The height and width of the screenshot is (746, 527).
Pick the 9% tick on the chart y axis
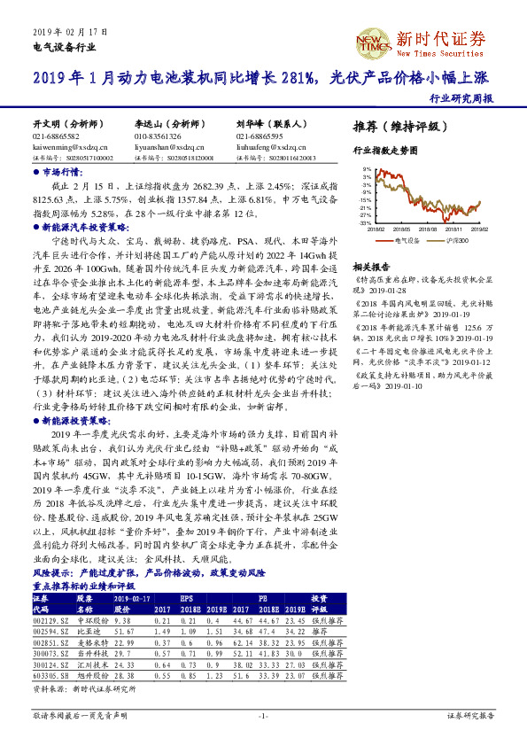tap(367, 167)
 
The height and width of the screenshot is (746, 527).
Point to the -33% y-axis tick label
tap(365, 223)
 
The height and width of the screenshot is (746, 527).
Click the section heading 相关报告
tap(371, 266)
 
